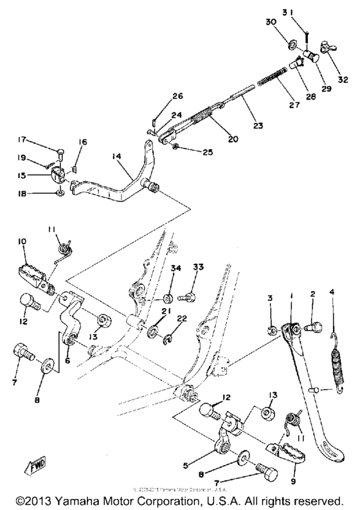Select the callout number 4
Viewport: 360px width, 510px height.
click(x=332, y=293)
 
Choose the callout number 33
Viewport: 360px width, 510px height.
click(x=198, y=267)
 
